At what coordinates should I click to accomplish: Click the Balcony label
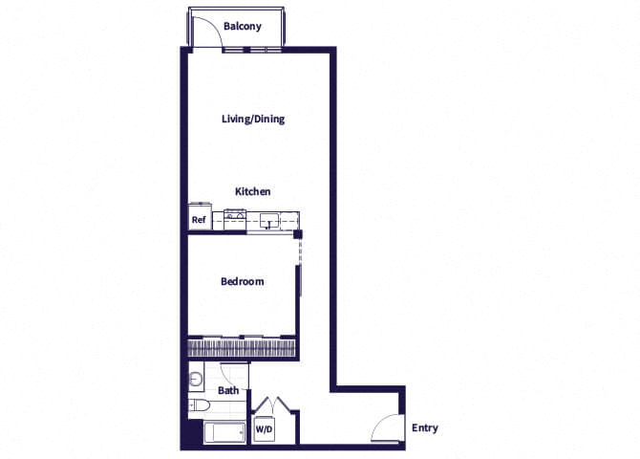coord(242,26)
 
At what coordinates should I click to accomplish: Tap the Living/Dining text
coord(253,120)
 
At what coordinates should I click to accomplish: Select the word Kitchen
coord(253,191)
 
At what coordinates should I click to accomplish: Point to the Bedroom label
coord(242,281)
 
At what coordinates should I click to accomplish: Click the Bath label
coord(228,390)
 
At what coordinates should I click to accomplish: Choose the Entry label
coord(424,428)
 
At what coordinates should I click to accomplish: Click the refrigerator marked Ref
coord(199,220)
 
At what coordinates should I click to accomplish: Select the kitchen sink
coord(270,222)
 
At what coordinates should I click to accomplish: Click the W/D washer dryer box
coord(263,429)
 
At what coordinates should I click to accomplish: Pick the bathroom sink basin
coord(195,380)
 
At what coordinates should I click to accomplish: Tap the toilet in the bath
coord(198,407)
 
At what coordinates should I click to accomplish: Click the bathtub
coord(225,434)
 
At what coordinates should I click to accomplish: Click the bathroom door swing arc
coord(233,374)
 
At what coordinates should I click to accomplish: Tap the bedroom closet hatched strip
coord(242,347)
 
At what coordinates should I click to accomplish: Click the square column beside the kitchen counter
coord(298,233)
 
